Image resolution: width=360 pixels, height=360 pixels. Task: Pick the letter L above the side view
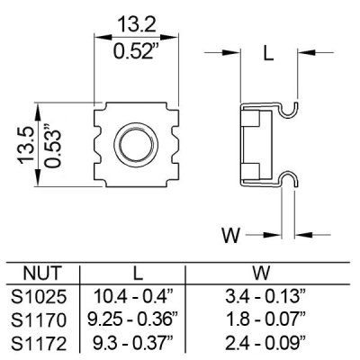click(267, 52)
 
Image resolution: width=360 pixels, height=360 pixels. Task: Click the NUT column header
click(43, 270)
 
